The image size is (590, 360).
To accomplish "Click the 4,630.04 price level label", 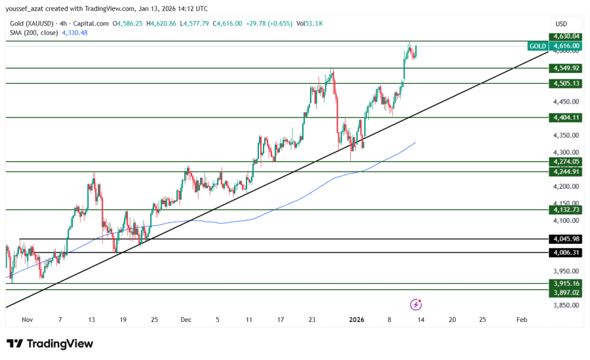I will (x=566, y=36).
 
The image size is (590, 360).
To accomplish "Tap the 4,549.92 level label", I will (x=566, y=68).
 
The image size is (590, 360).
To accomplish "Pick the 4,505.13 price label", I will (x=566, y=83).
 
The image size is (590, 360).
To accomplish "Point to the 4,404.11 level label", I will (x=566, y=117).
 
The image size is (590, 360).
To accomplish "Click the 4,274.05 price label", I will (x=566, y=161).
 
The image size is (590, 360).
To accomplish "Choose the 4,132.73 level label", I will (x=566, y=210).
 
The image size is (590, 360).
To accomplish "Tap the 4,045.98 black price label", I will (x=566, y=239).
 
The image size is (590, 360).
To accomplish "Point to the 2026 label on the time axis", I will (x=357, y=320).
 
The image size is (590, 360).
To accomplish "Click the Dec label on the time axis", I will (x=186, y=320).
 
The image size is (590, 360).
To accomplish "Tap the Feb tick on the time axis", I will (x=522, y=320).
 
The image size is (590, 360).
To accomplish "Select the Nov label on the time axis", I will (x=27, y=320).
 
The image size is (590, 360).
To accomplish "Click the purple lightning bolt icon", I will (x=416, y=304).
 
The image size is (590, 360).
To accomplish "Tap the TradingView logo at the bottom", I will (x=50, y=344).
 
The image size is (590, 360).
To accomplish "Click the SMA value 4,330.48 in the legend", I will (x=74, y=33).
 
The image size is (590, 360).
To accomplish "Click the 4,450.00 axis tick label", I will (x=566, y=102).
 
